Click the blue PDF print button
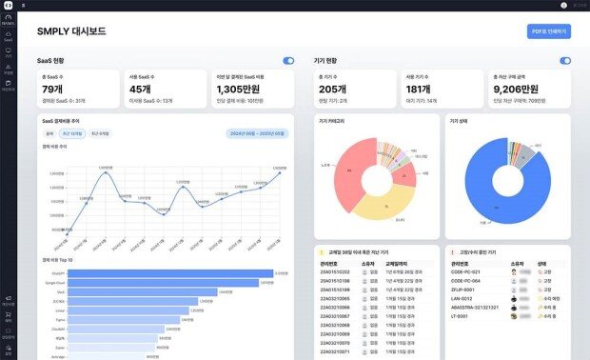(x=548, y=31)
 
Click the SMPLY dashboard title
(x=71, y=31)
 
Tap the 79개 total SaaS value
(x=53, y=89)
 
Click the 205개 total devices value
(x=333, y=89)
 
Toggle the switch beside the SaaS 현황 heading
(x=288, y=61)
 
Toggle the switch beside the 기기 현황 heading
(x=565, y=61)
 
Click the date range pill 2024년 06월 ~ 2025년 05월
(x=252, y=133)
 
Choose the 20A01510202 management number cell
(x=335, y=271)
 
